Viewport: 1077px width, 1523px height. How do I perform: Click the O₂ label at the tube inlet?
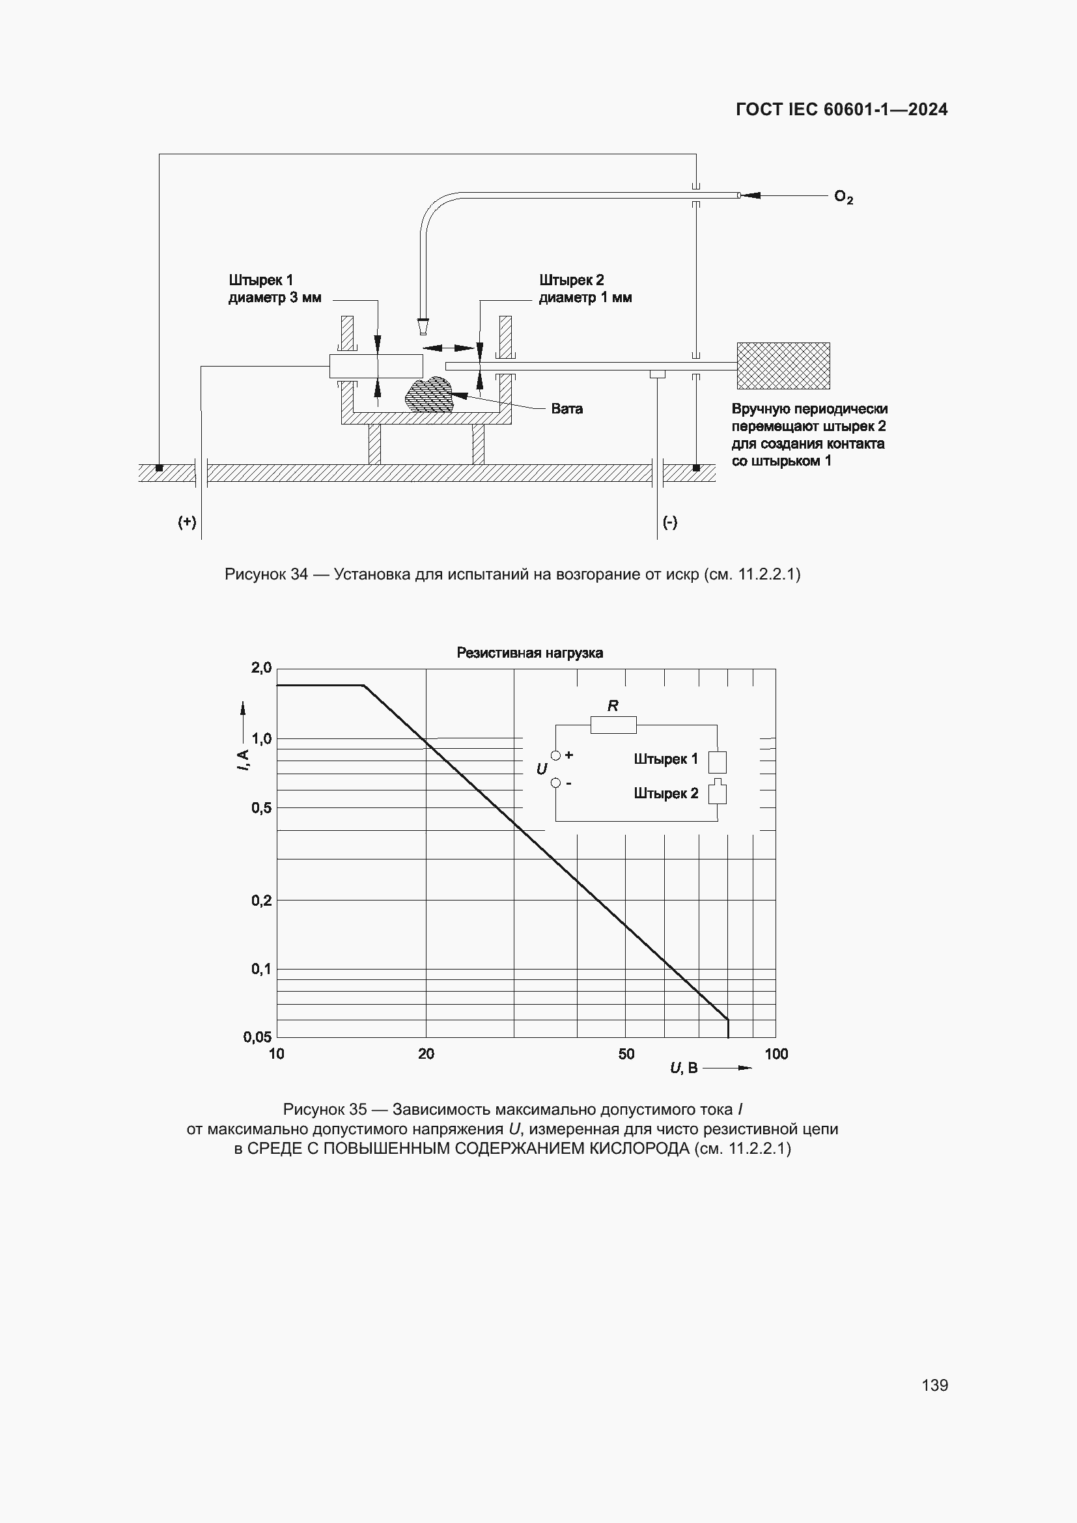coord(843,197)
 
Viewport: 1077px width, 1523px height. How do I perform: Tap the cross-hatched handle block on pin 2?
coord(783,365)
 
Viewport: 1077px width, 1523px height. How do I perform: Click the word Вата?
coord(566,409)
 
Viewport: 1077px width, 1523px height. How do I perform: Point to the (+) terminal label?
coord(187,522)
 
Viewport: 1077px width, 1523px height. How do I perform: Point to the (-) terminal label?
coord(670,522)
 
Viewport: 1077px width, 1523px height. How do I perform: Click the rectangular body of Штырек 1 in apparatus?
coord(375,366)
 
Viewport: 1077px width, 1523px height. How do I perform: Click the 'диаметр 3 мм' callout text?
coord(275,298)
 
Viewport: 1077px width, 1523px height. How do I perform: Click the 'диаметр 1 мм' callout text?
coord(585,298)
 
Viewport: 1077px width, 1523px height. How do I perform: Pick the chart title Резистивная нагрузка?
coord(529,652)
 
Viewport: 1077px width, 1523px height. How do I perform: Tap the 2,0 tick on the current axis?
coord(261,667)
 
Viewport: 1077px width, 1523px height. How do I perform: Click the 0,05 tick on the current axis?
coord(257,1037)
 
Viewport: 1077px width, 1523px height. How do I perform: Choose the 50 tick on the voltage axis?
coord(626,1054)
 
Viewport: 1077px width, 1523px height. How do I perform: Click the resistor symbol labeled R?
coord(613,725)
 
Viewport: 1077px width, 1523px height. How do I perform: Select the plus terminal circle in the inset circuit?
coord(555,755)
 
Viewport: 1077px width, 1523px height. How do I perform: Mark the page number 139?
coord(934,1385)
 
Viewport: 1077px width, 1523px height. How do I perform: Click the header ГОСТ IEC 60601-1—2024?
coord(841,109)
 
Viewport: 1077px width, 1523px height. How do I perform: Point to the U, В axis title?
coord(684,1067)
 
